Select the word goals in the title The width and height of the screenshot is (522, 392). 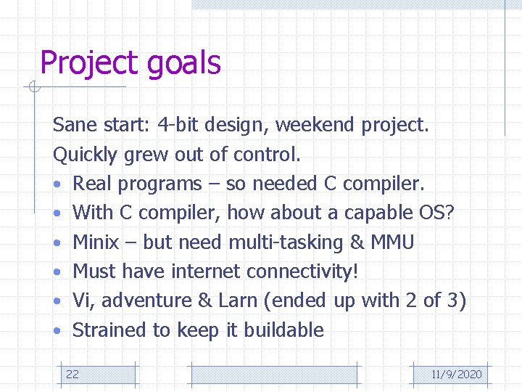(183, 64)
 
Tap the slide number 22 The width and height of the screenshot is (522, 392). (72, 375)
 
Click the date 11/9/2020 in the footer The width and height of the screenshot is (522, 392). (456, 375)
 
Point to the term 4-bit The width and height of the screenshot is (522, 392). (178, 126)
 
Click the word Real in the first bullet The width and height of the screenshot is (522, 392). (91, 184)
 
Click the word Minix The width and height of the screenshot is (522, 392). (96, 242)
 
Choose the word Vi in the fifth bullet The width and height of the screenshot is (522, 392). (81, 301)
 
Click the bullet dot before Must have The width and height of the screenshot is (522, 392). (57, 272)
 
